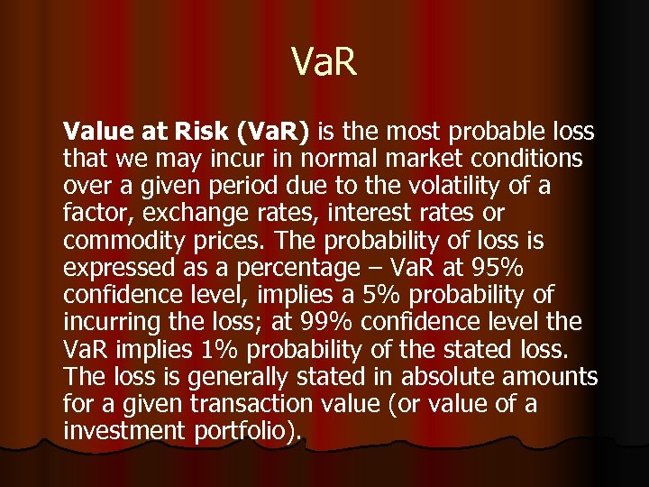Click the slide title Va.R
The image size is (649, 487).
(x=324, y=64)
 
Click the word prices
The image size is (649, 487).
(x=229, y=242)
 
